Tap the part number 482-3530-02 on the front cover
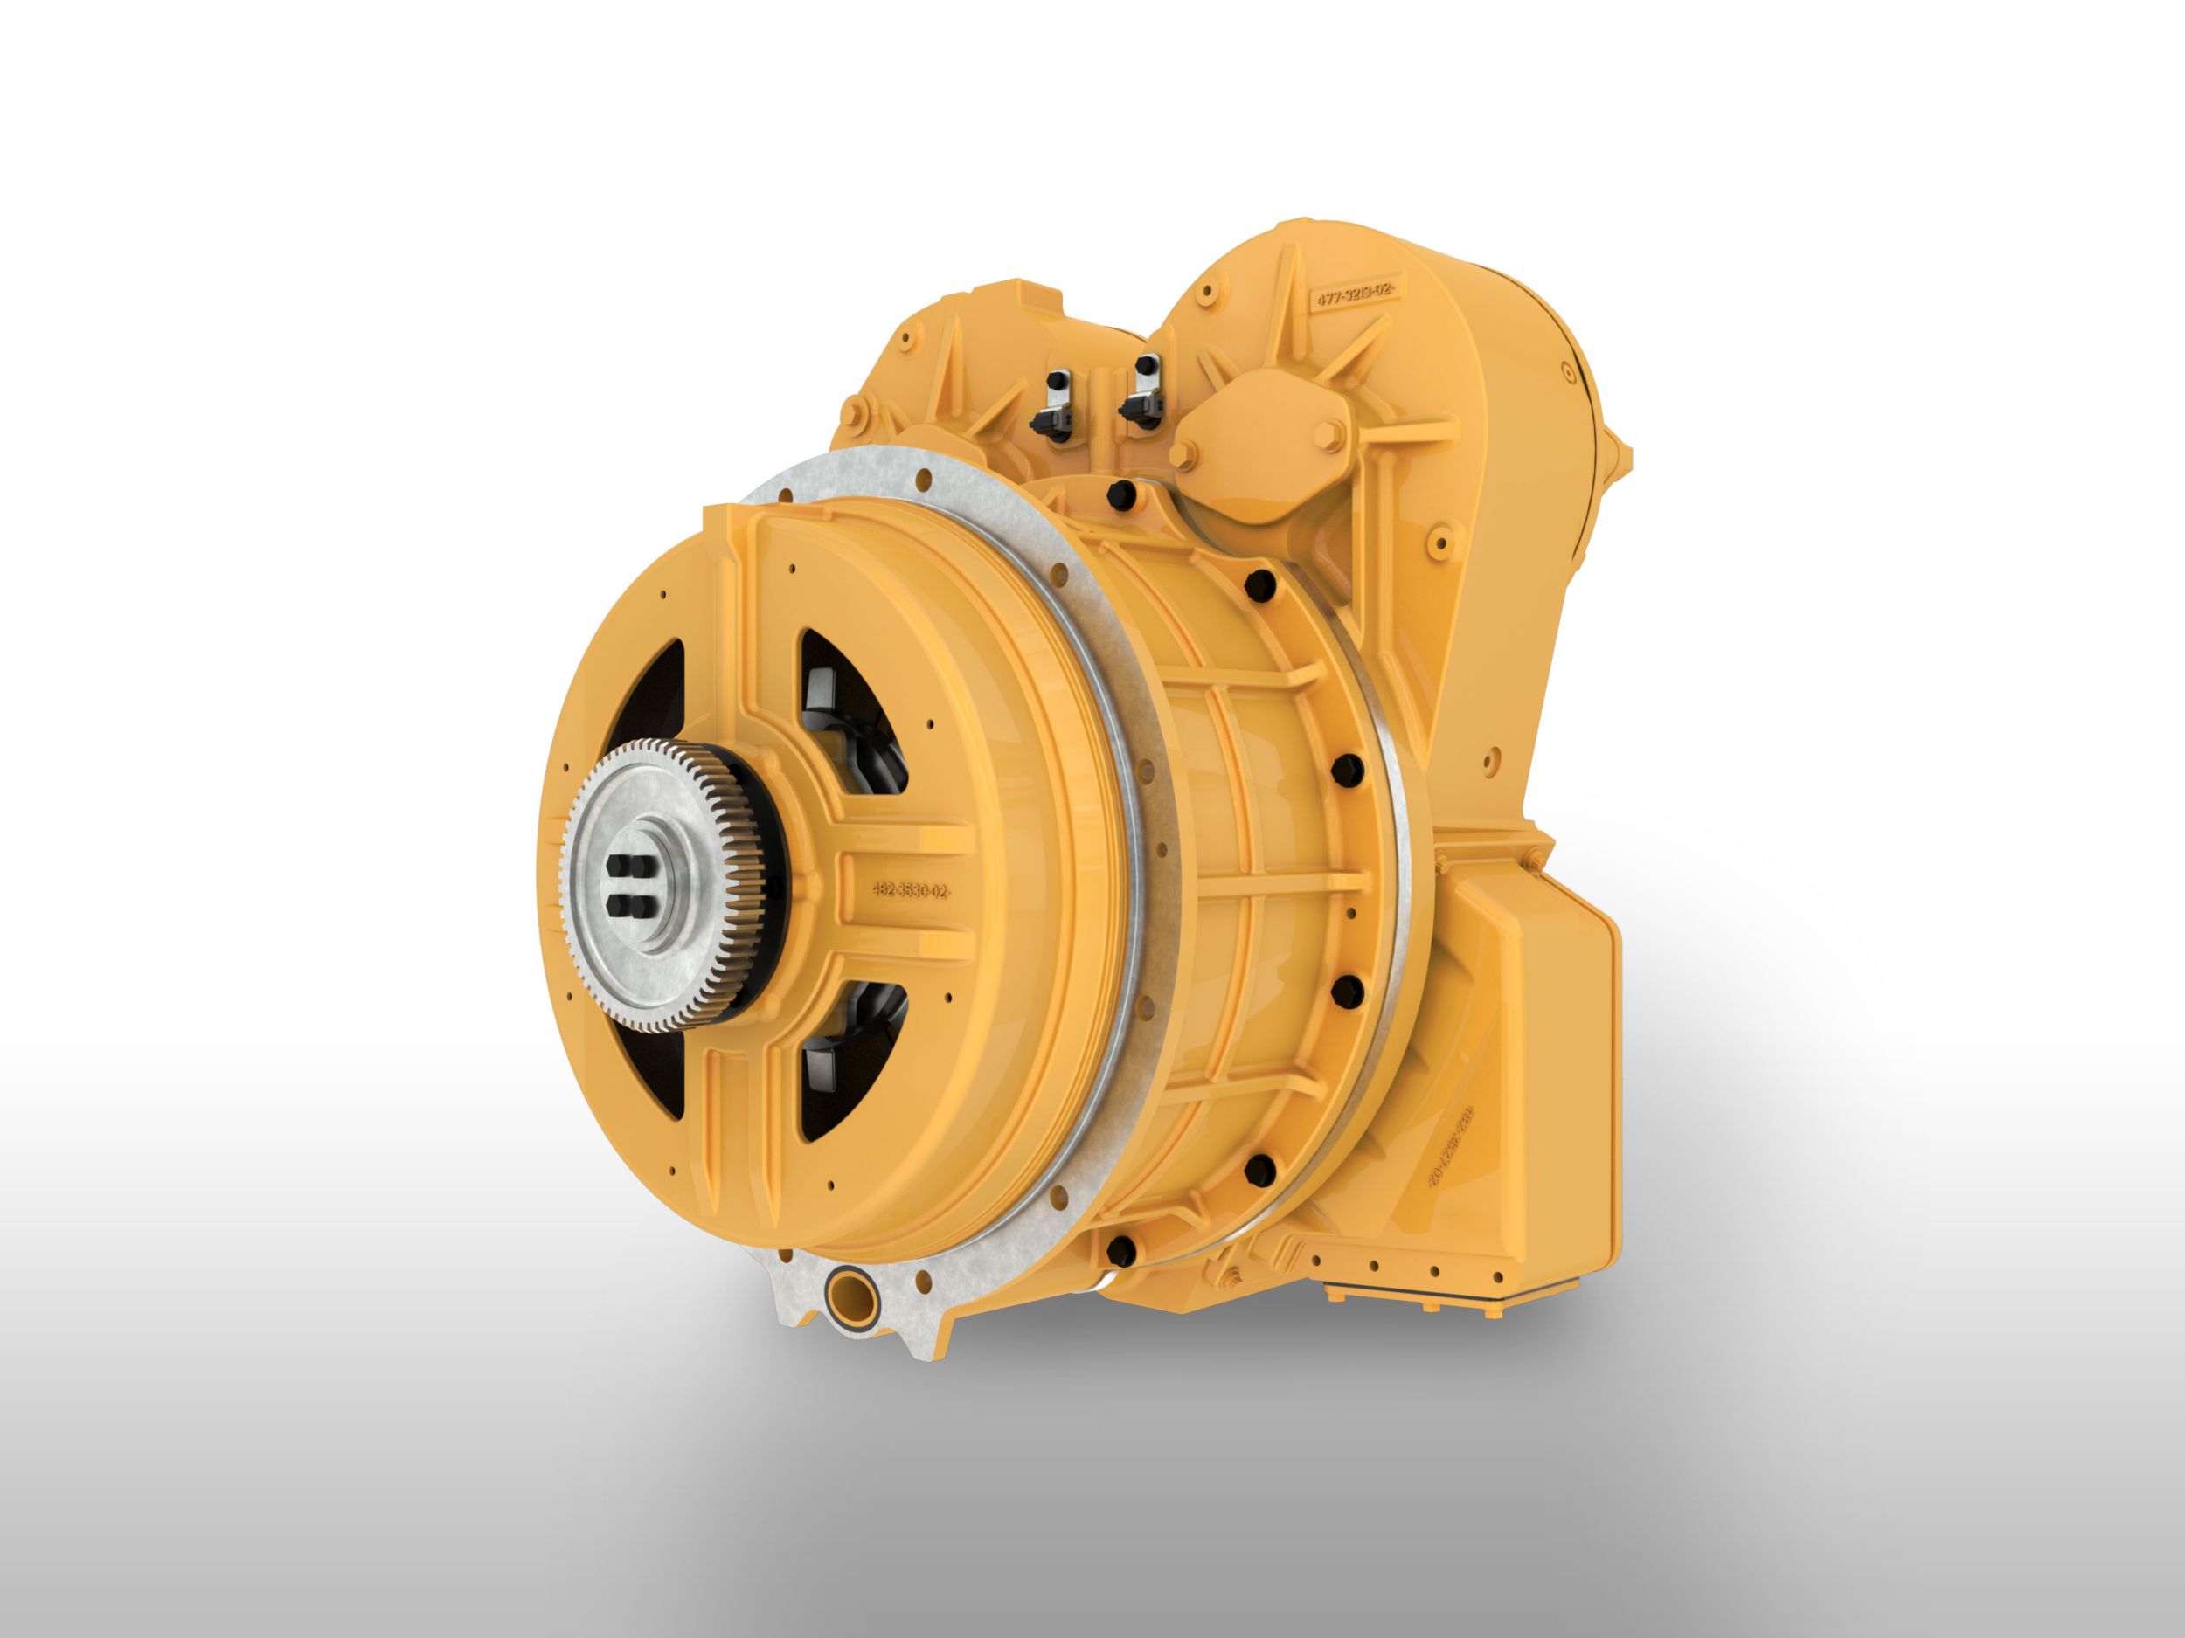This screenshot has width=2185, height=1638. [x=910, y=890]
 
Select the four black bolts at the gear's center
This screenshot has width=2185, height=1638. [x=630, y=886]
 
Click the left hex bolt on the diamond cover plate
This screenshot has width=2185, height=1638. [x=1181, y=454]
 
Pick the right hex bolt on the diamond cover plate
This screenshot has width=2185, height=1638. [x=1328, y=432]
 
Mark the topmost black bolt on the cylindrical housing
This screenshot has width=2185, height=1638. [x=1120, y=491]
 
